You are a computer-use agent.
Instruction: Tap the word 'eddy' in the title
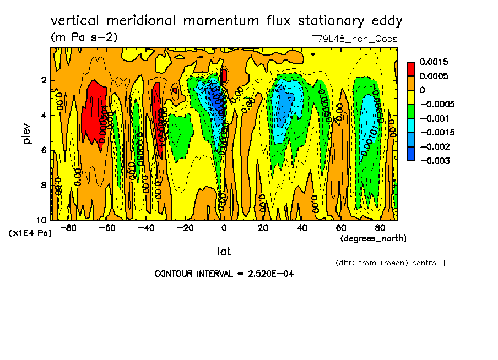tap(388, 21)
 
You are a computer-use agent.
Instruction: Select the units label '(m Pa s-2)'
tap(84, 37)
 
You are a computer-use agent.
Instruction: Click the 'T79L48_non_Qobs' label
tap(354, 39)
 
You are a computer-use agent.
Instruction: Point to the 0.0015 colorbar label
tap(434, 62)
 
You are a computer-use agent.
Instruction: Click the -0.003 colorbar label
tap(435, 161)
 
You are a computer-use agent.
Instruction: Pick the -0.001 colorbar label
tap(435, 118)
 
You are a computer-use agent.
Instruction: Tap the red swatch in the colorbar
tap(411, 69)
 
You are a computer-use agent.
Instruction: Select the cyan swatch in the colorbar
tap(411, 133)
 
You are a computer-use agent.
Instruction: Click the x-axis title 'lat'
tap(224, 252)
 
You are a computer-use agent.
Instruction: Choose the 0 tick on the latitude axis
tap(224, 228)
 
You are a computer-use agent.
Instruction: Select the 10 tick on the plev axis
tap(41, 220)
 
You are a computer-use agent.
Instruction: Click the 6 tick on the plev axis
tap(44, 150)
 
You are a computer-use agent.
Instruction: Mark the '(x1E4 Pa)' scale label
tap(30, 233)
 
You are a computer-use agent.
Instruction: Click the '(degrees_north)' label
tap(373, 238)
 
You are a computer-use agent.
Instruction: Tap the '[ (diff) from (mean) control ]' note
tap(386, 263)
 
